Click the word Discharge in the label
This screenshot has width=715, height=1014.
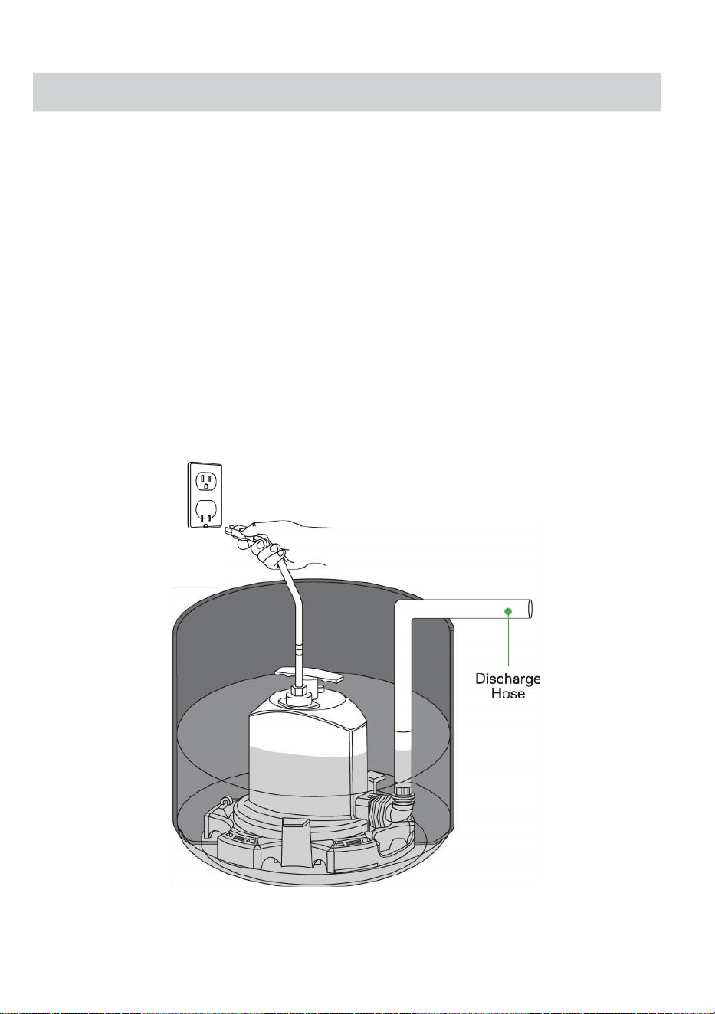point(508,679)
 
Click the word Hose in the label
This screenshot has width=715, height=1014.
point(508,694)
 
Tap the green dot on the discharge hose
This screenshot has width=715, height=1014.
point(508,612)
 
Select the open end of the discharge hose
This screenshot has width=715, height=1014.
point(530,610)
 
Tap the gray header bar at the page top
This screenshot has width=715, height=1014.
point(346,91)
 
